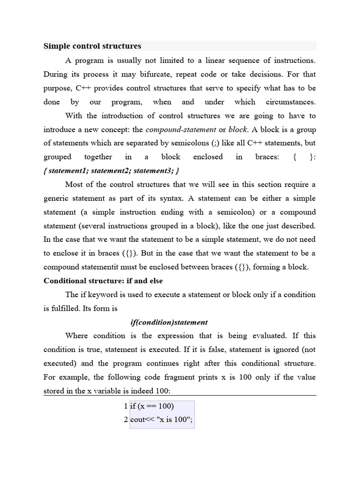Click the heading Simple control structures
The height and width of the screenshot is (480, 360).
[92, 46]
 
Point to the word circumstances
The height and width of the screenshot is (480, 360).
[291, 102]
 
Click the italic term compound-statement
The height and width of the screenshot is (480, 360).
[181, 129]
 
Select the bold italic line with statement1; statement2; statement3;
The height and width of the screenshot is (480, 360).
[111, 170]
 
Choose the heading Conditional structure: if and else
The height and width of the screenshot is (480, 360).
[103, 281]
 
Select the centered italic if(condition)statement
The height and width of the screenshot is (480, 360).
[169, 322]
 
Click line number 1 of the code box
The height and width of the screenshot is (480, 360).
[126, 406]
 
